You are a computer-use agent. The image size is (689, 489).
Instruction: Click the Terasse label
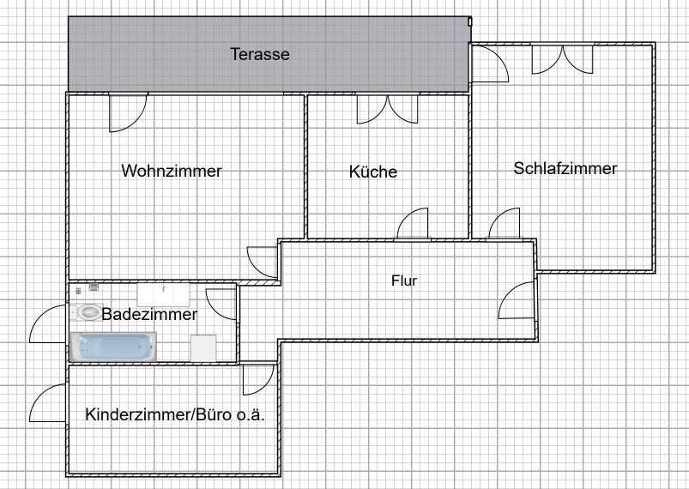click(x=260, y=54)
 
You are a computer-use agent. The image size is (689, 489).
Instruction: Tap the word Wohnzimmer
click(x=172, y=171)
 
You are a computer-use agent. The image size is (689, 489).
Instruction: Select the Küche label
click(x=373, y=172)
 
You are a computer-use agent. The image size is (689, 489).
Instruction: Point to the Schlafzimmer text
click(x=565, y=168)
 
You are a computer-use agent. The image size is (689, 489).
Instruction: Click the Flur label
click(x=404, y=280)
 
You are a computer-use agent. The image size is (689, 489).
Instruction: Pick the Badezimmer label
click(x=149, y=314)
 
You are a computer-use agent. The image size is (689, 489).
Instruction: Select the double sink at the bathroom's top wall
click(x=163, y=293)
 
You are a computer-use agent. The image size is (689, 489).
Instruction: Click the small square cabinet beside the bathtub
click(x=202, y=347)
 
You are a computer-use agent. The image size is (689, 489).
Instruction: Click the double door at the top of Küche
click(x=388, y=108)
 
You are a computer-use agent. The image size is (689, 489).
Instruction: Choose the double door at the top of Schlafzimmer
click(x=562, y=57)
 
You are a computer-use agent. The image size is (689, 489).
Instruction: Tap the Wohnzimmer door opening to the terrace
click(x=127, y=112)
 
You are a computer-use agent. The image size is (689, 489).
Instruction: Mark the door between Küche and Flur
click(x=413, y=224)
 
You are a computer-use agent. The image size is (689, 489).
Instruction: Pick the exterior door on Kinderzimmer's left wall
click(x=48, y=403)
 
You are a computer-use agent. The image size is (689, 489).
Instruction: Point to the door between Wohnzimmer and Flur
click(x=262, y=261)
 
